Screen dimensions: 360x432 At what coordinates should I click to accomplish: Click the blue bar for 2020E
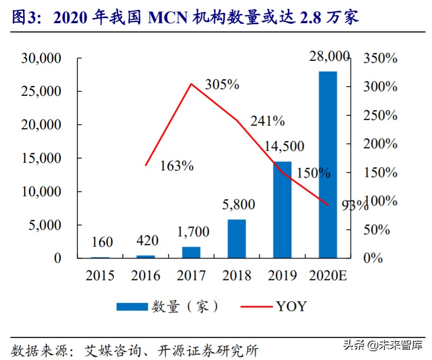(x=328, y=164)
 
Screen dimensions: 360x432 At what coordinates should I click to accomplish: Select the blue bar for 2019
(x=283, y=210)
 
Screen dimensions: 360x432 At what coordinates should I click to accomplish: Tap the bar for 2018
(x=237, y=238)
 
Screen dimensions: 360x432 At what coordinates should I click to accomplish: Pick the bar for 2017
(x=191, y=252)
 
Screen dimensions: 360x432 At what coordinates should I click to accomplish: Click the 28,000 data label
(x=329, y=57)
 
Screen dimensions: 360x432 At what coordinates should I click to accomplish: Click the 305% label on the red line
(x=222, y=85)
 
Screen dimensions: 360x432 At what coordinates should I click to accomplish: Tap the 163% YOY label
(x=176, y=166)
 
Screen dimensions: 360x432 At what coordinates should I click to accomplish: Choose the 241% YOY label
(x=268, y=121)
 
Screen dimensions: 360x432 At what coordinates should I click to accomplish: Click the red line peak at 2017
(x=191, y=83)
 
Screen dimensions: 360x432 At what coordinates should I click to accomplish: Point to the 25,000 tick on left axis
(x=41, y=91)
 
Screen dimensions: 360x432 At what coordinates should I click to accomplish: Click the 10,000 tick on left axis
(x=41, y=192)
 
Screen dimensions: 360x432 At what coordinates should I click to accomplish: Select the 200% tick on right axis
(x=380, y=144)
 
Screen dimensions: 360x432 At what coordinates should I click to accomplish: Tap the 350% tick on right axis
(x=380, y=58)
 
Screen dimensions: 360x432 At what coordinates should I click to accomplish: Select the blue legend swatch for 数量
(x=132, y=307)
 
